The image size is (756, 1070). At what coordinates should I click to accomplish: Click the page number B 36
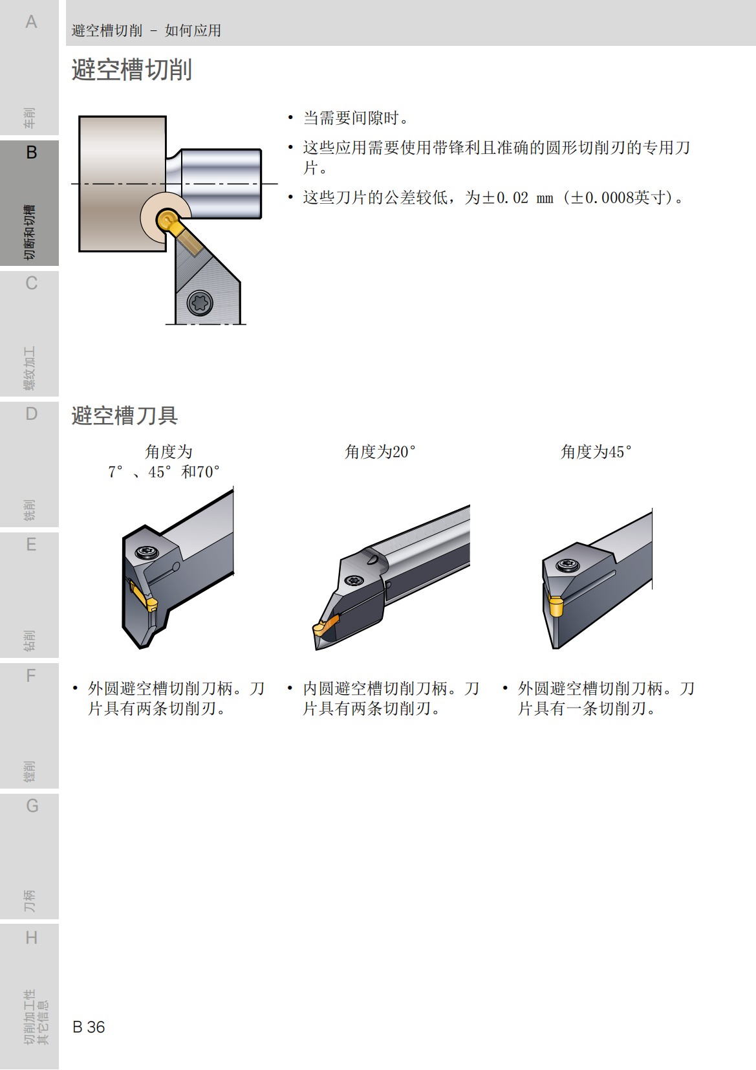point(89,1027)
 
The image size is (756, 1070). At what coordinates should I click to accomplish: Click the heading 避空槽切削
point(131,70)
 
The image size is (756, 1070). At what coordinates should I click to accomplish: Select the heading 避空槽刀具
point(124,415)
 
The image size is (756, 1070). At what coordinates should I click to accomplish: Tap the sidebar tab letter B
point(31,153)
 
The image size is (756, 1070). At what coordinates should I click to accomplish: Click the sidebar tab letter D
point(31,414)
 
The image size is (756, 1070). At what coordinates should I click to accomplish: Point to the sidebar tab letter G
point(31,806)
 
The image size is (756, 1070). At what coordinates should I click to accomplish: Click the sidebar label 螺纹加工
point(30,369)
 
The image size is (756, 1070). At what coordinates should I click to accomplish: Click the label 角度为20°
point(380,452)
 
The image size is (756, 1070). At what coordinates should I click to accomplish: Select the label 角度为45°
point(596,452)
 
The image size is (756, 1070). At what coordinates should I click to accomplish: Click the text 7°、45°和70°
point(164,472)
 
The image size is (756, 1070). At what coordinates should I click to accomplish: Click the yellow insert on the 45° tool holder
point(556,606)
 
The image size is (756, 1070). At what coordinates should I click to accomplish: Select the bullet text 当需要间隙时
point(355,118)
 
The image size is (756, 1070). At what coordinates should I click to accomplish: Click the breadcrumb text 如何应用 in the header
point(193,31)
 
